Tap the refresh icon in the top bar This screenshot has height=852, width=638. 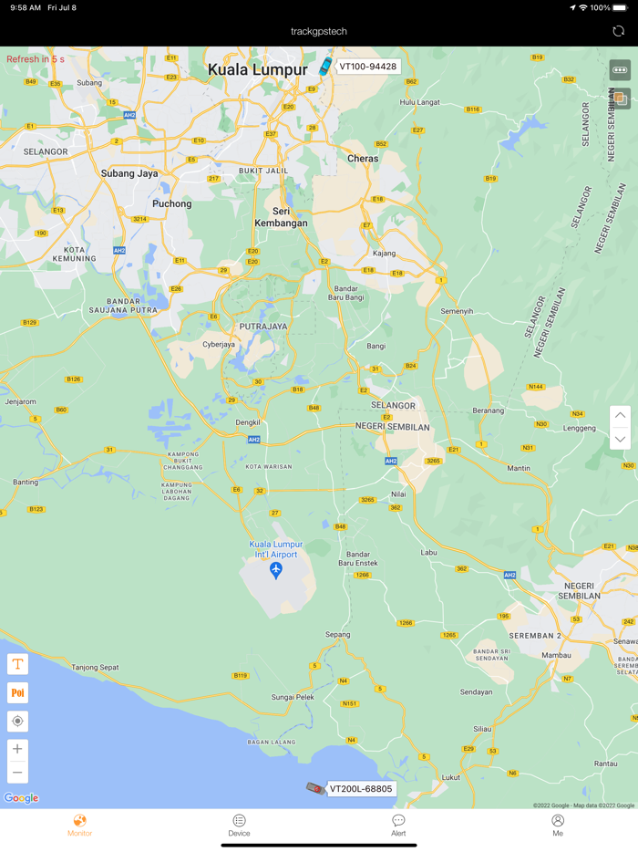point(618,31)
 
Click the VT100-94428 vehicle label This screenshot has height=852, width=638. point(368,67)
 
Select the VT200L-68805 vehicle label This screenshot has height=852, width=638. point(361,789)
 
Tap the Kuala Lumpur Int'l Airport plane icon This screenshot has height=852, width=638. point(276,570)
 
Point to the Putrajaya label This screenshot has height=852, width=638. point(262,326)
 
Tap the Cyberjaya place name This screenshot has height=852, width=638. point(219,345)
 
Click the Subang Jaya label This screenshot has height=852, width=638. point(129,173)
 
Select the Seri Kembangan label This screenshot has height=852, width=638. point(281,217)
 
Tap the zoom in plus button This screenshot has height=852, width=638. point(17,749)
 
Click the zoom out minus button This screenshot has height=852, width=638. point(17,773)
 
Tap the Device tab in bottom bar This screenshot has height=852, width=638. point(239,825)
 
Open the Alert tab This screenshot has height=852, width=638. point(398,825)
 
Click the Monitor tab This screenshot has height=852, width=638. point(79,825)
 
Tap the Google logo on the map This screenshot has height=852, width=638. point(21,798)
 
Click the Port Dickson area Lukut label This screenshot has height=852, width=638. point(450,777)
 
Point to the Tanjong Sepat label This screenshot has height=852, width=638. point(96,667)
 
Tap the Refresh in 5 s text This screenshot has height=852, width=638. point(36,59)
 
